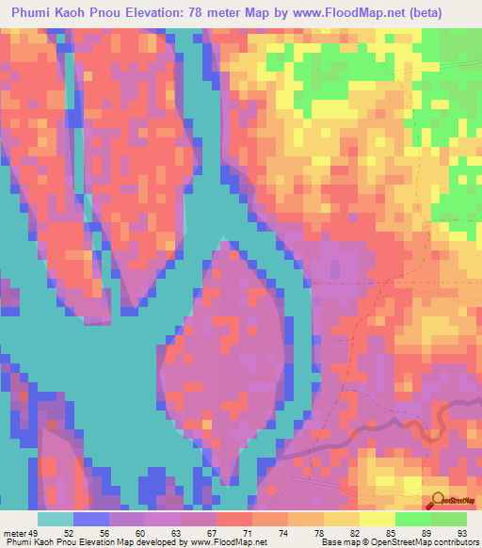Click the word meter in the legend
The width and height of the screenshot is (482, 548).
pyautogui.click(x=16, y=533)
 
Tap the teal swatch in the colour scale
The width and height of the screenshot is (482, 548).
pyautogui.click(x=56, y=519)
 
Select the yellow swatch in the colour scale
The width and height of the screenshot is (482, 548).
pyautogui.click(x=377, y=519)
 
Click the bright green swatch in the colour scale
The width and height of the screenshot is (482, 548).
pyautogui.click(x=412, y=519)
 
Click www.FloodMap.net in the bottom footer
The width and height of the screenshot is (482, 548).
pyautogui.click(x=205, y=542)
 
